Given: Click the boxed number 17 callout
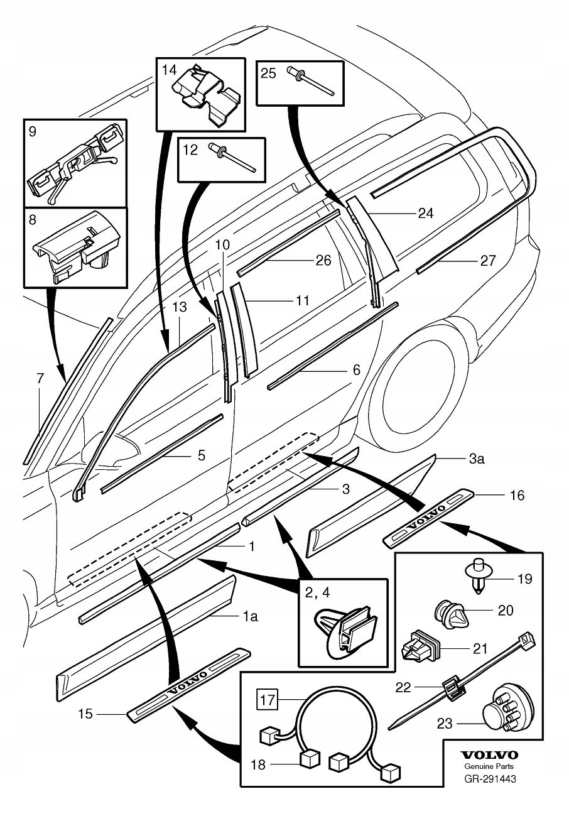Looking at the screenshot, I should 268,700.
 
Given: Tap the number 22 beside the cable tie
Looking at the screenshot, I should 403,688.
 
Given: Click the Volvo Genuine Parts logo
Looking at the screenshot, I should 490,756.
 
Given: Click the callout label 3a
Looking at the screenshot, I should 476,459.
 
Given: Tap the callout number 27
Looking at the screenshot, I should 487,261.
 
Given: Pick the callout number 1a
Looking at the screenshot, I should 250,617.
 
